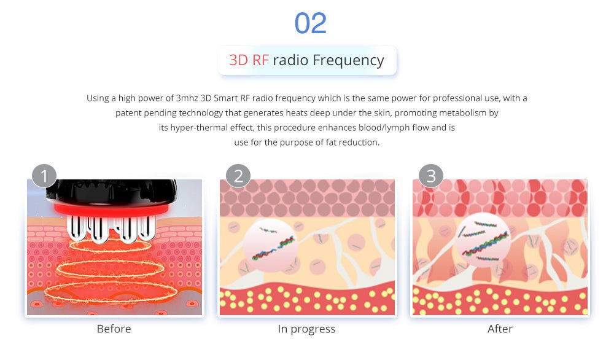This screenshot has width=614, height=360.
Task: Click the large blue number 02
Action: click(310, 23)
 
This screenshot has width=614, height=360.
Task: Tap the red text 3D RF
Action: click(249, 60)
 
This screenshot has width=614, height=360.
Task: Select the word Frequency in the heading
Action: click(348, 61)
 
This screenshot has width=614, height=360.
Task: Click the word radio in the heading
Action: click(290, 60)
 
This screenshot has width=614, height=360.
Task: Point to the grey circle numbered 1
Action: click(44, 176)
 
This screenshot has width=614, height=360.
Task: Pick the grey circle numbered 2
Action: click(238, 176)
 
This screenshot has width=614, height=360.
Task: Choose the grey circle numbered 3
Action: click(431, 176)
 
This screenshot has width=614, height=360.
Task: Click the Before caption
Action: click(114, 329)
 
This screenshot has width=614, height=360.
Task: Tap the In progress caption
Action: click(306, 329)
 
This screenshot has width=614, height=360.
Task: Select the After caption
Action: click(500, 329)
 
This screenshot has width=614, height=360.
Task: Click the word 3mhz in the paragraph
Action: click(187, 98)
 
